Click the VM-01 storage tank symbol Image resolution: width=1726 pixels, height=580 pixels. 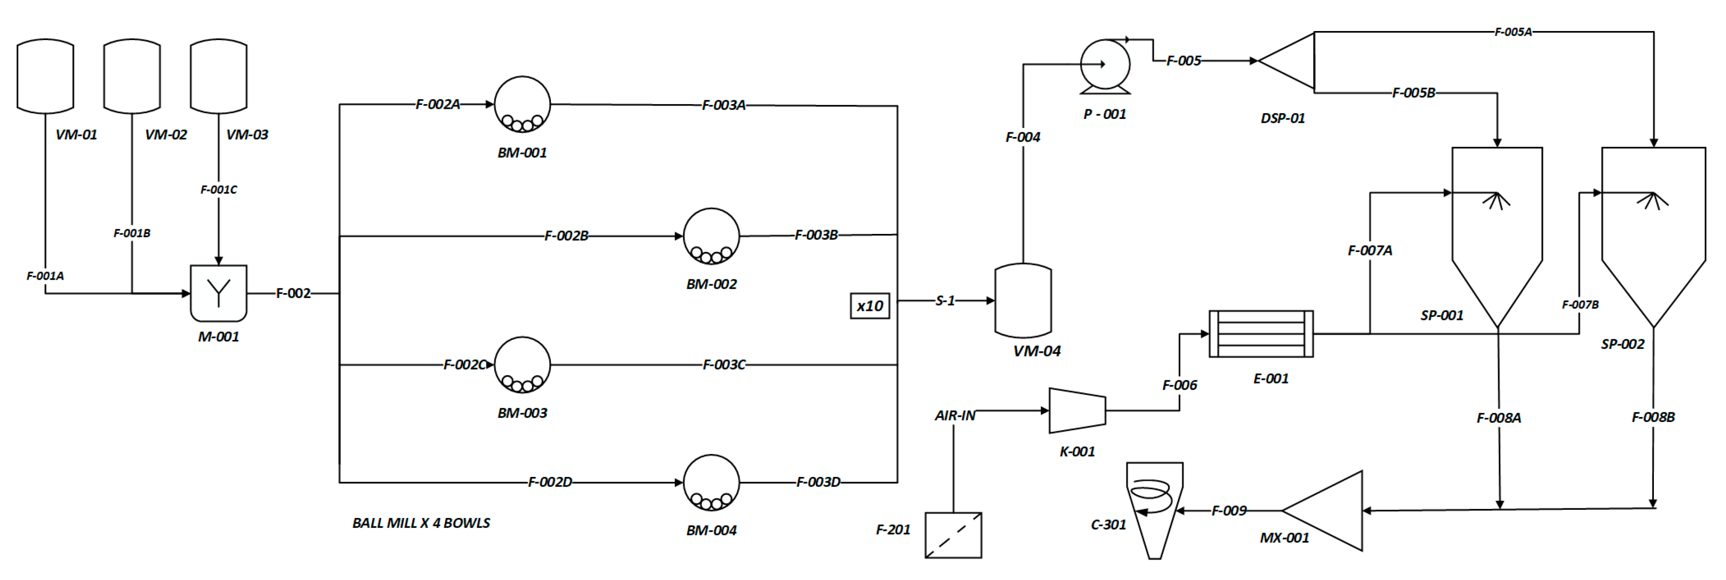click(45, 76)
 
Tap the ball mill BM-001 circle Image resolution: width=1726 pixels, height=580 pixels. click(522, 105)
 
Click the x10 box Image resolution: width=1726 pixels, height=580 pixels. click(870, 306)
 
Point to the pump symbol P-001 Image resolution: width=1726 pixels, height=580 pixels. click(1105, 65)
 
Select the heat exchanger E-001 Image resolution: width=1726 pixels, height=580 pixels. click(1260, 334)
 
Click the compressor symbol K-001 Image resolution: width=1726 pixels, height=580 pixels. click(1077, 411)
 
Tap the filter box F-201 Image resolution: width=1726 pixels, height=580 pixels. click(953, 535)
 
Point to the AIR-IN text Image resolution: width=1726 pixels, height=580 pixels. click(955, 416)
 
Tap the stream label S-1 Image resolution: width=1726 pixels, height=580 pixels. click(945, 301)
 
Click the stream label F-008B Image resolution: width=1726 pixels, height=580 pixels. click(1652, 417)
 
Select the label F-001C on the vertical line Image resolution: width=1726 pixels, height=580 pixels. click(218, 190)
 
